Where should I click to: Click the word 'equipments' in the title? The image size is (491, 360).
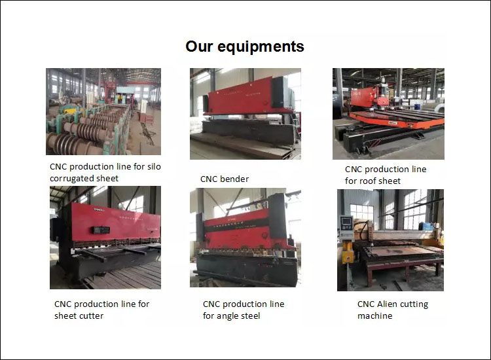tap(261, 47)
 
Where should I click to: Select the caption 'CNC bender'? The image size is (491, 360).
tap(225, 179)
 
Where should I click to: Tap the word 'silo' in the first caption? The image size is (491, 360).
tap(154, 166)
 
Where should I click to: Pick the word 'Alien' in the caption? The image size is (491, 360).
tap(387, 304)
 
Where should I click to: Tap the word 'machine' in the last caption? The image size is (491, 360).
tap(375, 316)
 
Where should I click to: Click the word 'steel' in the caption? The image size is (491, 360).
tap(250, 316)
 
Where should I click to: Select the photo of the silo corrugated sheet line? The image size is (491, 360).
tap(103, 111)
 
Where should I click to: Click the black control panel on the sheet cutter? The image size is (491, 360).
tap(101, 230)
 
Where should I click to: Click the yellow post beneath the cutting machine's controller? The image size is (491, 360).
tap(348, 252)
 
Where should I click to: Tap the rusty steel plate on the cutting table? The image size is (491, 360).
tap(401, 251)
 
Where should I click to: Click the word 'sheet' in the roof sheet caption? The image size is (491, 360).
tap(389, 181)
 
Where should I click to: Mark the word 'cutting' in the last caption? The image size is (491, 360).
tap(414, 304)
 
